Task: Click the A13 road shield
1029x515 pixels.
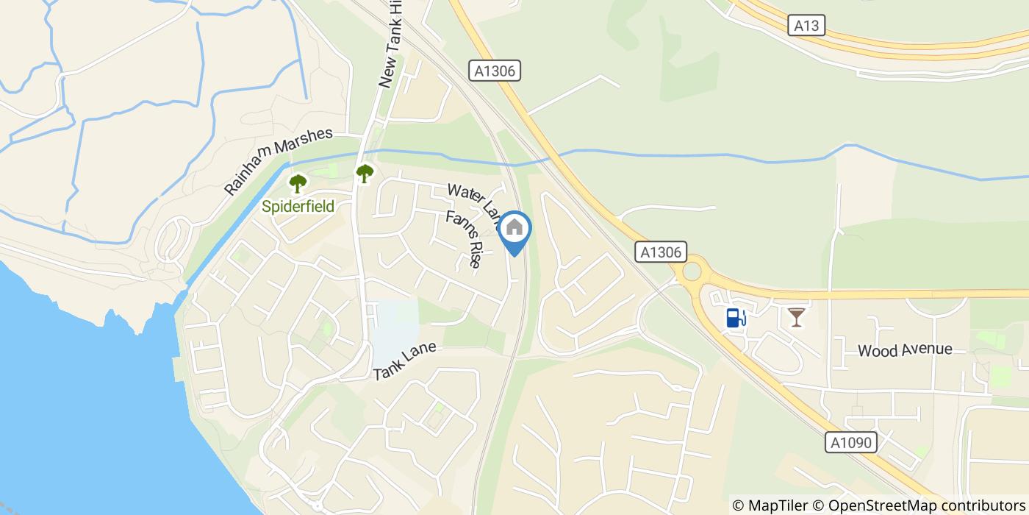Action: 806,26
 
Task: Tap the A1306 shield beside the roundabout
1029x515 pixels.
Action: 661,252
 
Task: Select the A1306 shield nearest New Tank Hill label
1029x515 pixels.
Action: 495,71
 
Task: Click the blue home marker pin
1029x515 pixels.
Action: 514,230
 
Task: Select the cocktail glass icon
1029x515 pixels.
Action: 796,317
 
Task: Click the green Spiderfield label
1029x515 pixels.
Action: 298,207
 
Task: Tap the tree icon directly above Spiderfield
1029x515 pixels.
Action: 298,183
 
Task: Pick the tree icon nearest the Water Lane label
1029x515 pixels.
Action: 365,174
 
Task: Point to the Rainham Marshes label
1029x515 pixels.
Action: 279,162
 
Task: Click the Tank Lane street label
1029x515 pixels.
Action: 404,361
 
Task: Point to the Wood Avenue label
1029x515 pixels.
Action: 905,350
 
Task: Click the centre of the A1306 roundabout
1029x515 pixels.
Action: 692,271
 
